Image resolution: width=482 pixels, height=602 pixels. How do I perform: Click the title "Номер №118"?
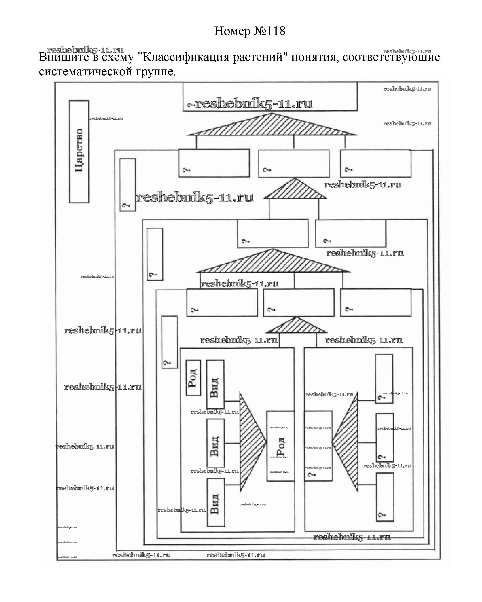pyautogui.click(x=250, y=31)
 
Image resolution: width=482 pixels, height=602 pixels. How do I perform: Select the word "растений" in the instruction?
pyautogui.click(x=258, y=57)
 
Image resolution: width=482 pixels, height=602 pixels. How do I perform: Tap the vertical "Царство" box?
pyautogui.click(x=79, y=151)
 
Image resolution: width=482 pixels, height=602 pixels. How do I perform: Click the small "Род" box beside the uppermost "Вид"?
pyautogui.click(x=193, y=378)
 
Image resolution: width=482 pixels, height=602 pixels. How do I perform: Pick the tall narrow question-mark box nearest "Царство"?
pyautogui.click(x=128, y=185)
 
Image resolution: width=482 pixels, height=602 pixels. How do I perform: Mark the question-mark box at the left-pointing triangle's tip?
pyautogui.click(x=318, y=446)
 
